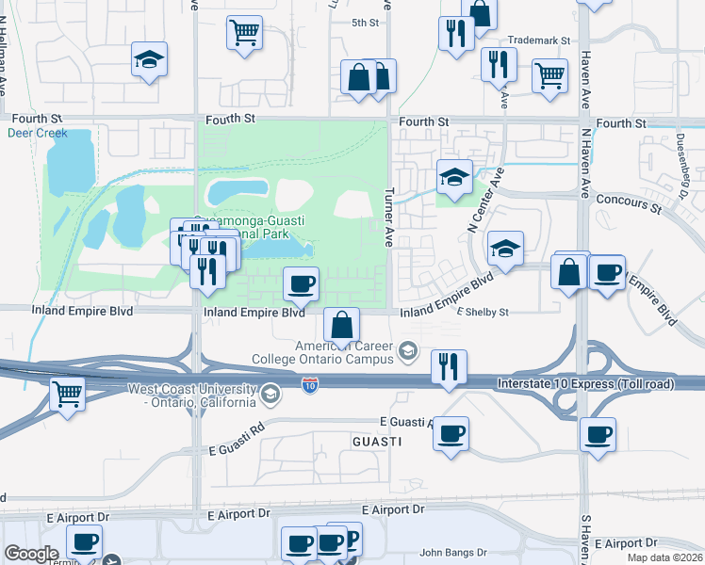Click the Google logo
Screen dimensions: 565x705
[31, 554]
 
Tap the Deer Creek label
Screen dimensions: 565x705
[38, 133]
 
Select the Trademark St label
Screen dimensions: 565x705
[539, 40]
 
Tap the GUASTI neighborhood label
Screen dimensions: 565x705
[377, 442]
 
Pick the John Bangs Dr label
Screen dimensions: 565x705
[452, 553]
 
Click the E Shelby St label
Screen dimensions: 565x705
[483, 313]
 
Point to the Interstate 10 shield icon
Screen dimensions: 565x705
[310, 385]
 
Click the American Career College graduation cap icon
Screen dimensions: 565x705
[408, 352]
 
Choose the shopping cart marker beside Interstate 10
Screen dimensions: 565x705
[67, 393]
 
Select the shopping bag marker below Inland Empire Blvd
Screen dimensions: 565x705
[341, 324]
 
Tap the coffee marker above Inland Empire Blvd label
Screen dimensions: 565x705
[301, 282]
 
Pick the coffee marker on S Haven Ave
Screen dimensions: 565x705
[598, 435]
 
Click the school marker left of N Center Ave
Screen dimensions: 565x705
[454, 177]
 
